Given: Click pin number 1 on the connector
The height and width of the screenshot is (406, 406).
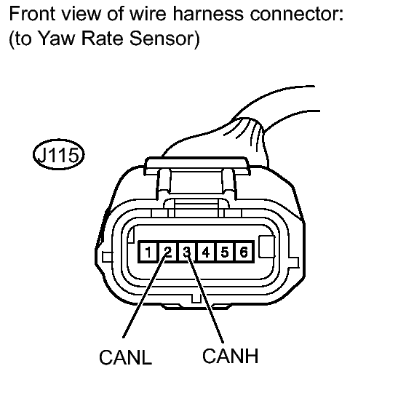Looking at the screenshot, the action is pyautogui.click(x=148, y=252).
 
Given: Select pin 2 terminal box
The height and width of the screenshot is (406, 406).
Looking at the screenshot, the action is pyautogui.click(x=167, y=252).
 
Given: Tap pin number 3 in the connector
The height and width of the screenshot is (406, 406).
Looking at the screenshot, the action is pyautogui.click(x=187, y=252).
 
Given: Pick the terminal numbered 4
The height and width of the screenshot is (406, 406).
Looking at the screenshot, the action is pyautogui.click(x=206, y=252).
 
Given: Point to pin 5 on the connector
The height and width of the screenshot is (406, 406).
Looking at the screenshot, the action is pyautogui.click(x=225, y=252).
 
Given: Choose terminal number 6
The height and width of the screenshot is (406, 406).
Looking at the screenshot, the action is pyautogui.click(x=244, y=252).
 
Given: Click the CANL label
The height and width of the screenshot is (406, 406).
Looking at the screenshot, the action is pyautogui.click(x=125, y=357).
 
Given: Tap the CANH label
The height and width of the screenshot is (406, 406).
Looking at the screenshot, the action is pyautogui.click(x=230, y=356).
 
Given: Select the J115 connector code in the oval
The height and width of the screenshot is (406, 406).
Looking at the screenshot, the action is pyautogui.click(x=58, y=154).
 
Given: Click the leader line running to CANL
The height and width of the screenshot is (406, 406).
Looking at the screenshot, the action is pyautogui.click(x=145, y=295).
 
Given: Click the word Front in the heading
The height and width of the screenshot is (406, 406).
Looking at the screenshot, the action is pyautogui.click(x=32, y=14).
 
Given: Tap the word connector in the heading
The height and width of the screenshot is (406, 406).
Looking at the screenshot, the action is pyautogui.click(x=297, y=14).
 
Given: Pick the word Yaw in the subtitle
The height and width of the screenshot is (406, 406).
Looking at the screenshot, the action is pyautogui.click(x=57, y=39).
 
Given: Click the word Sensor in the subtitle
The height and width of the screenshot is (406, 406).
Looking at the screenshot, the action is pyautogui.click(x=162, y=39).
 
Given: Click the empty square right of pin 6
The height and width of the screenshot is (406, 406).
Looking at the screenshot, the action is pyautogui.click(x=267, y=247).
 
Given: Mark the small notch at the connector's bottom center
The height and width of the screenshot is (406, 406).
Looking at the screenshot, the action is pyautogui.click(x=196, y=298).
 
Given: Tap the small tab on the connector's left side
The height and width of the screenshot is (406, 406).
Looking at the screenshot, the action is pyautogui.click(x=107, y=257).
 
